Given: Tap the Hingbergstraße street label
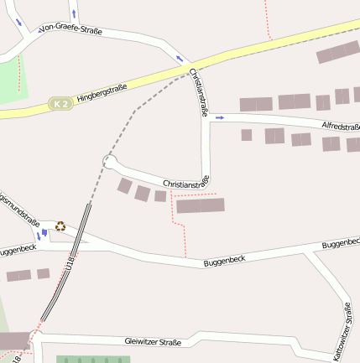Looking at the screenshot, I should pos(102,92).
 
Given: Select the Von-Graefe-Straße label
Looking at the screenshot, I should pos(70,31).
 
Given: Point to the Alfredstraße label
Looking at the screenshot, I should pos(341,127).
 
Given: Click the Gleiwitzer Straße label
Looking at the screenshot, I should pos(153,342).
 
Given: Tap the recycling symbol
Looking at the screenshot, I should pos(60,226).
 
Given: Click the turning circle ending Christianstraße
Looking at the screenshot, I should pos(108,161).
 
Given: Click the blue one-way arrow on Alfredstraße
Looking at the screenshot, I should pos(220,118).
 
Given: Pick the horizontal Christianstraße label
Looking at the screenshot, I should pos(185,182).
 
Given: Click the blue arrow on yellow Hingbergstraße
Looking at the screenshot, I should pos(179,58).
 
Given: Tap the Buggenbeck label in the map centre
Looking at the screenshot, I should pos(223,262).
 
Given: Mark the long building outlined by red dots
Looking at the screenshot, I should pos(201,205).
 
